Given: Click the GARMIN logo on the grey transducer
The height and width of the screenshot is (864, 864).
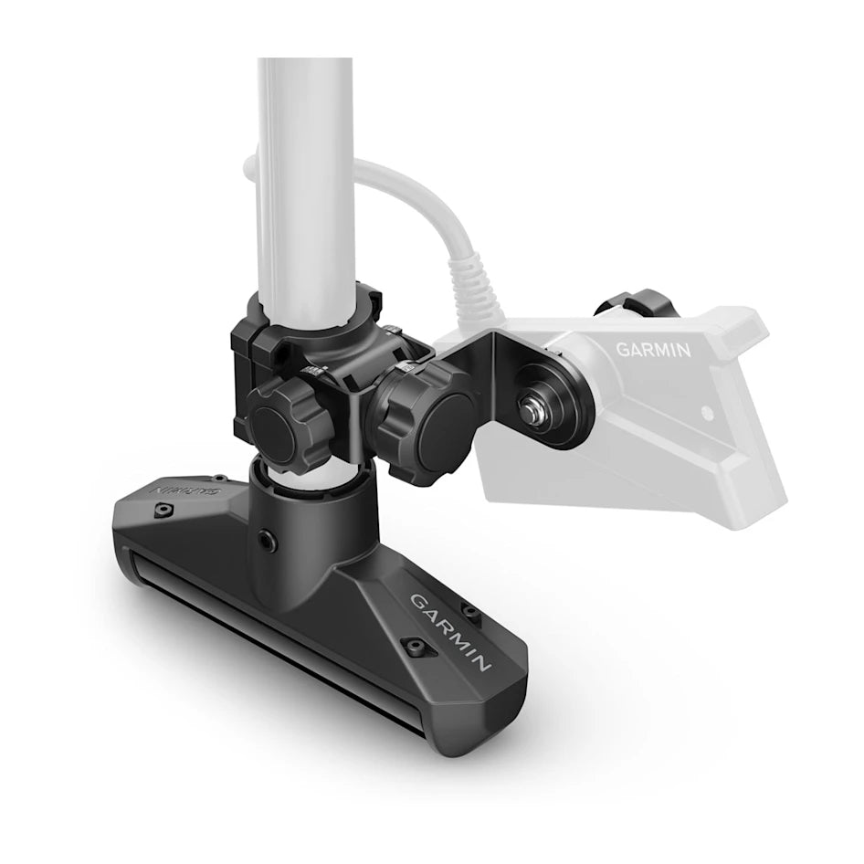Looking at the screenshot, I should point(652,349).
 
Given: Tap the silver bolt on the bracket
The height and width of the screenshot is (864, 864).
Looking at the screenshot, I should point(532,403).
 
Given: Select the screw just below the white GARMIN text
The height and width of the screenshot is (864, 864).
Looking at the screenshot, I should point(416,647).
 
